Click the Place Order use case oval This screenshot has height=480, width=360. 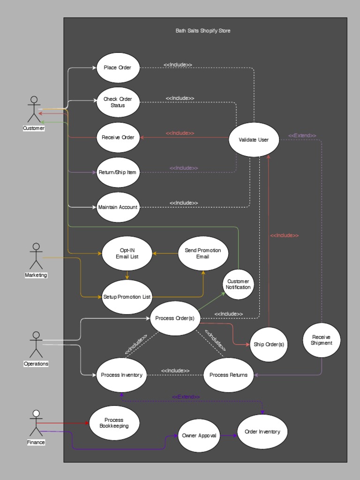118,67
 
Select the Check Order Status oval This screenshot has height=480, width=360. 118,102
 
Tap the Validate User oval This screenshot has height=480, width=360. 254,140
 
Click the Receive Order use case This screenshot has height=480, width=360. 118,137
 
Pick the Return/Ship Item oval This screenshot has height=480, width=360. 118,172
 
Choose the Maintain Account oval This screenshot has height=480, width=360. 118,207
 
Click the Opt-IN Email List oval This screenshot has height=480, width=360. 127,253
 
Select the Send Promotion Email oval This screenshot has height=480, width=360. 203,253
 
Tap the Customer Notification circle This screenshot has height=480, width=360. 238,284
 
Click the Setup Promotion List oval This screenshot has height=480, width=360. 127,297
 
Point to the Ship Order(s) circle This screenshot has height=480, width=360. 269,345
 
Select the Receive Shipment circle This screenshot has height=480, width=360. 321,340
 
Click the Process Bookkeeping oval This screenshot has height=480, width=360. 114,423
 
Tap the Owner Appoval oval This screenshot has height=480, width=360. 199,435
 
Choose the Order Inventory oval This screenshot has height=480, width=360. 262,432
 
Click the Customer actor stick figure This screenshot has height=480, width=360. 34,110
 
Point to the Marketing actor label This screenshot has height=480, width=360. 36,275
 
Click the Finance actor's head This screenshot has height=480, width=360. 36,413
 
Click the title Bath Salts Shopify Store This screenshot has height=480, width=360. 203,31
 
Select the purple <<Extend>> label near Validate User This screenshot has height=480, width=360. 302,136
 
